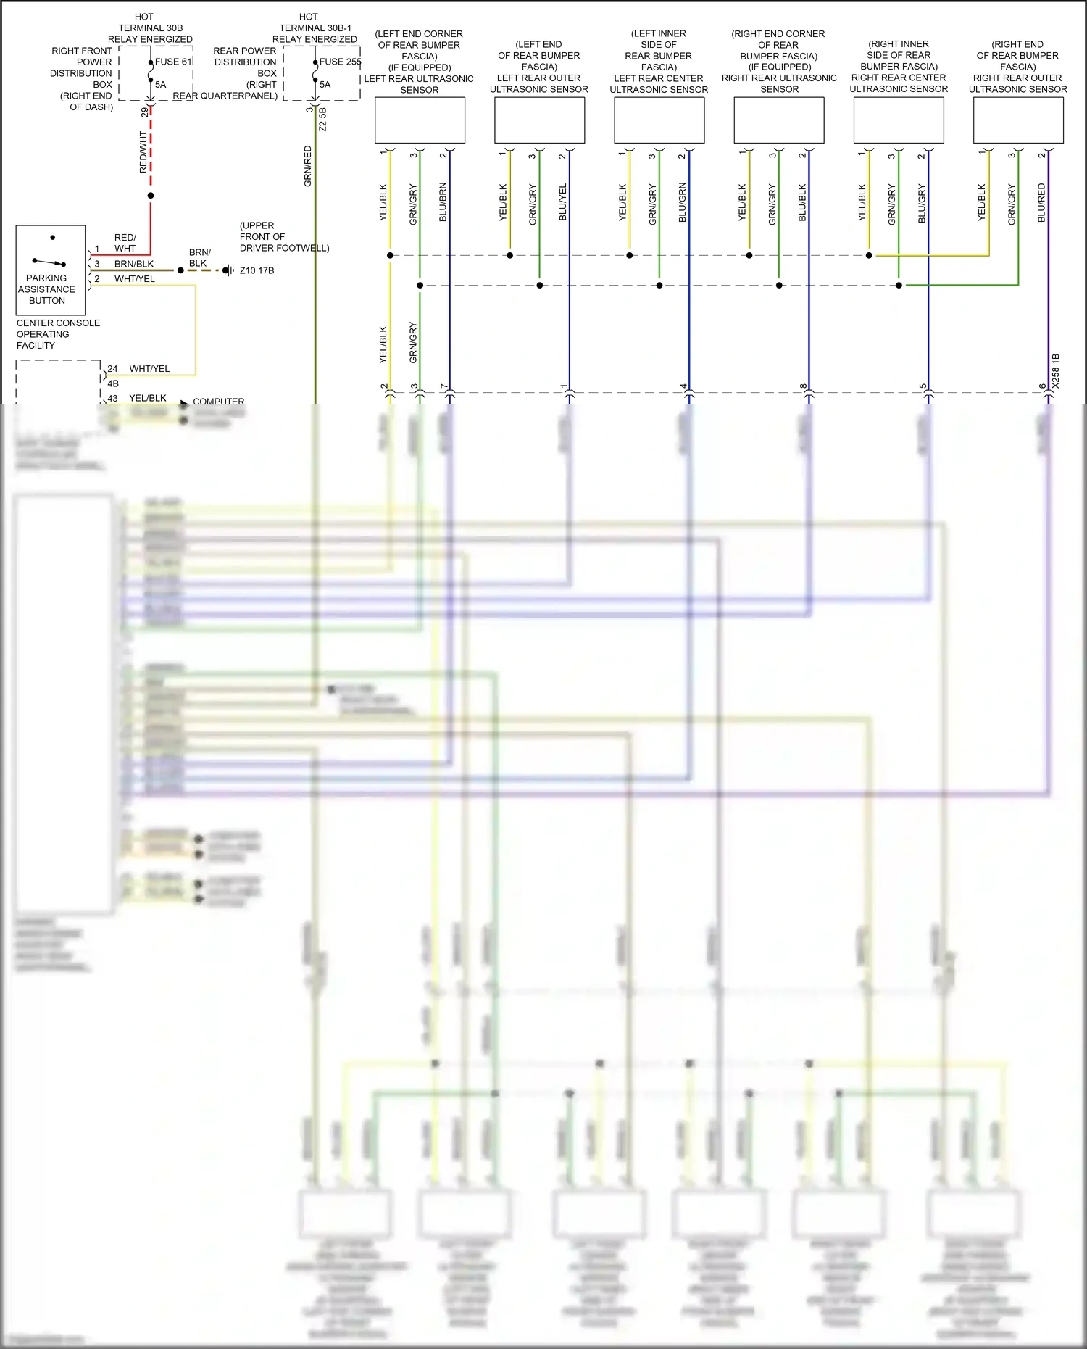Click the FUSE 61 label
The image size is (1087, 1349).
[173, 62]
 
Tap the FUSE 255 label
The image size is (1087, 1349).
[340, 62]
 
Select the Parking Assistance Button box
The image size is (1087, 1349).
[51, 270]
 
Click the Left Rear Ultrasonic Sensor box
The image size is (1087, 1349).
[420, 120]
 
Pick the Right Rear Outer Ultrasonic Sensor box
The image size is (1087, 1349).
[1018, 120]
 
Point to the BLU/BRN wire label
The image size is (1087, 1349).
[443, 202]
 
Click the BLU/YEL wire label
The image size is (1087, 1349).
[563, 202]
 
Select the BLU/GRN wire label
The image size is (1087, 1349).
[683, 202]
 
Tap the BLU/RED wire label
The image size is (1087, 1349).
[1041, 202]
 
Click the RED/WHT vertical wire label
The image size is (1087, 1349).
[143, 152]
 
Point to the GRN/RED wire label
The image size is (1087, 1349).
[308, 166]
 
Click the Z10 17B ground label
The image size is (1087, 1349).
[257, 270]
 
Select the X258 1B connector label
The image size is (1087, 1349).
[1056, 371]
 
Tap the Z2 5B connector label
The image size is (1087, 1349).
[323, 120]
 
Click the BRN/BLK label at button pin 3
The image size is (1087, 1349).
[134, 264]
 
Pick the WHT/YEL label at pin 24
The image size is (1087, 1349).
[149, 369]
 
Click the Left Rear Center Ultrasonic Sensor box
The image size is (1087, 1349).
[659, 120]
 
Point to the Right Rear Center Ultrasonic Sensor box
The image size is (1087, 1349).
[899, 120]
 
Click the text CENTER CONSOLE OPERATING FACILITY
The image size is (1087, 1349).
[58, 334]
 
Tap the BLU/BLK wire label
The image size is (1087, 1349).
[802, 202]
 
